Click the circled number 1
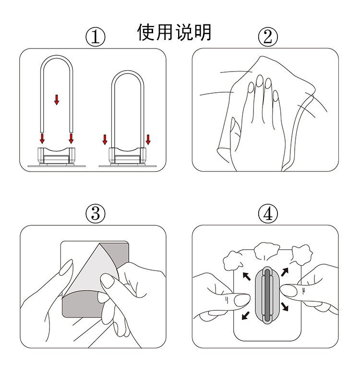96,37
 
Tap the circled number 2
268,37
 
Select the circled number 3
96,213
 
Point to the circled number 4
268,213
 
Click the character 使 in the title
146,32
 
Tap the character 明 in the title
203,32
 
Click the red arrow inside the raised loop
57,99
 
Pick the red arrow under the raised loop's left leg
42,138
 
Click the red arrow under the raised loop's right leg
71,138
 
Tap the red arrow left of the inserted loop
105,139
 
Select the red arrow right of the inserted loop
148,139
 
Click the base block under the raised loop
56,156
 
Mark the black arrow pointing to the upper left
247,276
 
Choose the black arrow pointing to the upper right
285,272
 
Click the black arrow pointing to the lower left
246,316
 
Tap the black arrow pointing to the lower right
285,307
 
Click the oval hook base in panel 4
267,295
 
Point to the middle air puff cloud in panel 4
267,251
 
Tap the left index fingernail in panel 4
242,300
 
